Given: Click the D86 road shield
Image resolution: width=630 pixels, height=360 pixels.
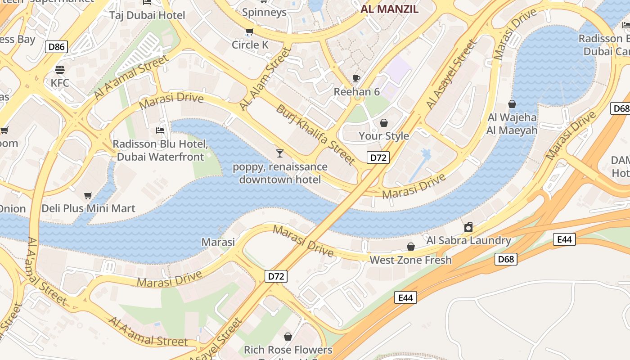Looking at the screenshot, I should (x=56, y=46).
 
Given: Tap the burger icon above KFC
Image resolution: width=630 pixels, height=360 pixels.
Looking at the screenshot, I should (x=60, y=70).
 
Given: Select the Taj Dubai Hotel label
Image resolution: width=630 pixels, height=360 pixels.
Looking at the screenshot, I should (x=147, y=15).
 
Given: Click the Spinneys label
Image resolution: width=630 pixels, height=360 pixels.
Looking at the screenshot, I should (x=264, y=12).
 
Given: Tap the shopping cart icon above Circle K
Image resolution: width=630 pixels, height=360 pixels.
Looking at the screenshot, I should (x=250, y=32).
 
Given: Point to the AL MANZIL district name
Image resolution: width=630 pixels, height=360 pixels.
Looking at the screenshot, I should (x=390, y=9).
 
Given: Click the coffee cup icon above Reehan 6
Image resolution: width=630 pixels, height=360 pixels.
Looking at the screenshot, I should (x=356, y=79).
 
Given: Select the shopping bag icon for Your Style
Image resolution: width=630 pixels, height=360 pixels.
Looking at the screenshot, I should (x=384, y=123).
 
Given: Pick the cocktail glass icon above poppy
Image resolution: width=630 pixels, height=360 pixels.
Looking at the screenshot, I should (x=280, y=153).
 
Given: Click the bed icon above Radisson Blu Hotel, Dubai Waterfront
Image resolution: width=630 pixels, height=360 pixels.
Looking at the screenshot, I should (x=160, y=131).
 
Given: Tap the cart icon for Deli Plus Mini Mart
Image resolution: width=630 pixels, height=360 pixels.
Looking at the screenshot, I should (x=88, y=196).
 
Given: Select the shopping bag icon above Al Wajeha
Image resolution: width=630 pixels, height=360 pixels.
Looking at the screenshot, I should (x=512, y=104).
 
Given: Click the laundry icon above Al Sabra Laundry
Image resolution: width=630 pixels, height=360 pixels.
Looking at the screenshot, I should (x=468, y=227).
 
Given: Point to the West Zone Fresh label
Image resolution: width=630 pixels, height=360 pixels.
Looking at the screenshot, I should (x=410, y=260).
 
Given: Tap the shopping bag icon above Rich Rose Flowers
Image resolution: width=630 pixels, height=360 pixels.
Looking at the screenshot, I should (x=288, y=337).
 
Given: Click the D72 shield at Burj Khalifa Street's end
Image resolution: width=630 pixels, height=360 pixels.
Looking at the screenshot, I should (x=378, y=157).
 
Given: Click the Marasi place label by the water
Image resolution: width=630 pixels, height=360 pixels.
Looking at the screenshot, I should (x=218, y=242).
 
